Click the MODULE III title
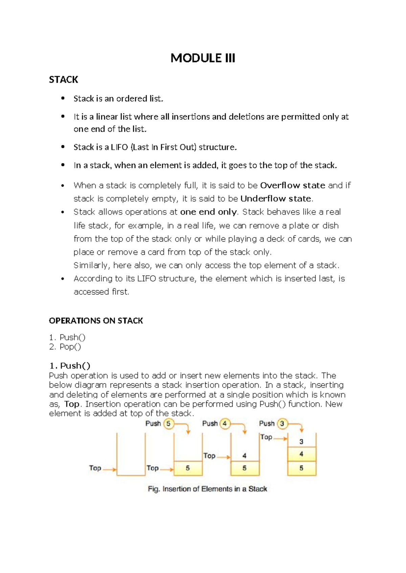[203, 58]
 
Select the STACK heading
[63, 80]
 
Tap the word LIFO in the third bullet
[119, 147]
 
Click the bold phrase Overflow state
[293, 185]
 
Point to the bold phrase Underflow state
[276, 199]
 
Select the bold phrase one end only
[208, 212]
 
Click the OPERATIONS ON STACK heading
[96, 321]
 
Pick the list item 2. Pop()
[65, 347]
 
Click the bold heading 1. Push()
[70, 366]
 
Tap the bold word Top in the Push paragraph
[72, 404]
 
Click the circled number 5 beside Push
[168, 424]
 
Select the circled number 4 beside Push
[225, 424]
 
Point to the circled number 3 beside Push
[282, 424]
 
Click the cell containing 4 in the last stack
[301, 454]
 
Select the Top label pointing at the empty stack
[95, 468]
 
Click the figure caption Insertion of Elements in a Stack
[207, 489]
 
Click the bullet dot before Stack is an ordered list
[62, 99]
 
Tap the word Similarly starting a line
[91, 266]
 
